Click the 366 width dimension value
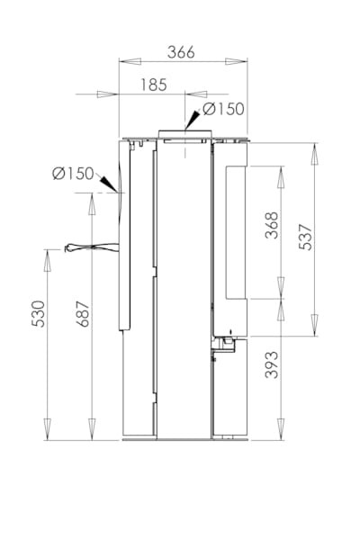tap(181, 52)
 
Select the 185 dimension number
tap(154, 85)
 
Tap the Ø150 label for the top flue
tap(223, 109)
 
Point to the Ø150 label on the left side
tap(73, 173)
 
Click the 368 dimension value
tap(272, 225)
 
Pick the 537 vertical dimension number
tap(305, 237)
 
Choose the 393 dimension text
tap(272, 365)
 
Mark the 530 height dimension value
tap(38, 314)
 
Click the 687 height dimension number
tap(83, 314)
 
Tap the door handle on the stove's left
tap(92, 247)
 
